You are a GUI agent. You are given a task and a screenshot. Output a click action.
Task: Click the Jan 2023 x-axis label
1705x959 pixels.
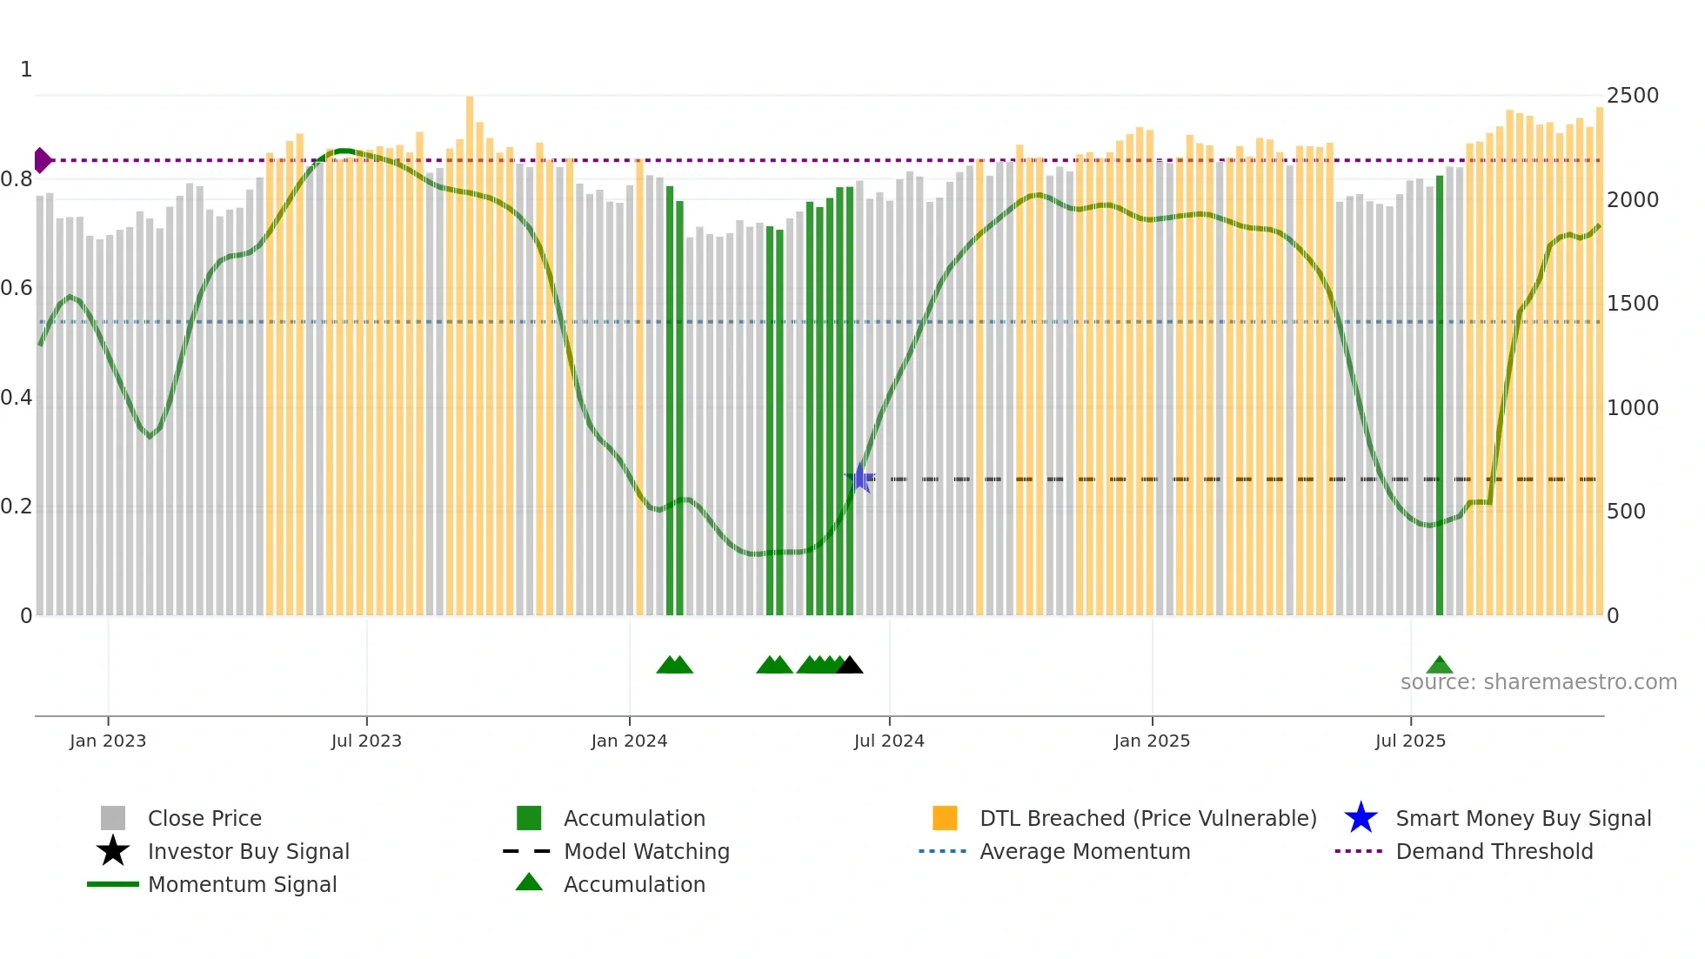click(108, 741)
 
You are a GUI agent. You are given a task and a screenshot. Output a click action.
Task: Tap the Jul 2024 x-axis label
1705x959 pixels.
click(889, 741)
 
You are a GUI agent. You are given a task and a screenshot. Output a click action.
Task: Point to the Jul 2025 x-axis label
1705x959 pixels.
click(1410, 741)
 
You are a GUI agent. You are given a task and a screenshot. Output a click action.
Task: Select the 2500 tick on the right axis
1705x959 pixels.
click(1633, 96)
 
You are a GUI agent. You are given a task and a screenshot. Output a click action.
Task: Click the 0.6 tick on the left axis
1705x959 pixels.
click(17, 288)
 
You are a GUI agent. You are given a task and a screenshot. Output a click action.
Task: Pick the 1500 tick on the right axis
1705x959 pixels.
click(1633, 304)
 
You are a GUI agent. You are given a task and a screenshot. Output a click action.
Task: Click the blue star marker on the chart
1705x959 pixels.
click(860, 479)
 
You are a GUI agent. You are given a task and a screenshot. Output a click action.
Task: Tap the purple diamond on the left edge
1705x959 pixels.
click(42, 160)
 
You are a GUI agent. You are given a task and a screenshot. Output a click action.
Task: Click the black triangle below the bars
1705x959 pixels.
click(850, 666)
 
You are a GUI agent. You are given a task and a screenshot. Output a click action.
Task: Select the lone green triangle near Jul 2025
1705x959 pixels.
click(1440, 666)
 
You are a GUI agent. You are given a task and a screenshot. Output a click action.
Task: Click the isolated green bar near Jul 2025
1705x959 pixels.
click(1440, 392)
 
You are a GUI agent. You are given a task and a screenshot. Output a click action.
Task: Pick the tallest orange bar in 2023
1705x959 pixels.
click(470, 348)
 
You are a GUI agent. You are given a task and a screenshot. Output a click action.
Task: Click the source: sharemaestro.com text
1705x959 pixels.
click(1538, 682)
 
